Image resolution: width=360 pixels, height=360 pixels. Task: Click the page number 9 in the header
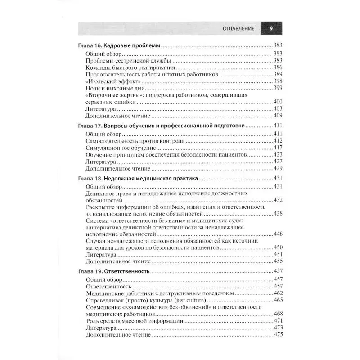271,28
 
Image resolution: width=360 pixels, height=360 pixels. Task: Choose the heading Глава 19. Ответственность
113,272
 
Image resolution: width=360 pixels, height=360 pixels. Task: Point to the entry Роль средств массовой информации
134,321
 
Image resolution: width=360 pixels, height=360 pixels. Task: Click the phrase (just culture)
188,300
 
